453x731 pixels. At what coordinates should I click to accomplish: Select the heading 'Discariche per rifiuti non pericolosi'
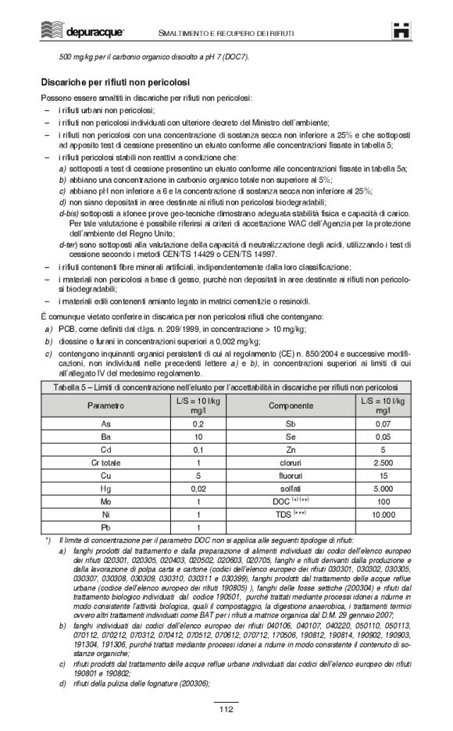pos(116,82)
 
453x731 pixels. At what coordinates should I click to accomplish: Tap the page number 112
pos(226,708)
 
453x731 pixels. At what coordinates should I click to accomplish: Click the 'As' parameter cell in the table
pos(105,423)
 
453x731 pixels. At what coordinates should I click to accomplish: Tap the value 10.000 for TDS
pos(383,515)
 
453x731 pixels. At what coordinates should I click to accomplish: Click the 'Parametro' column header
pos(105,405)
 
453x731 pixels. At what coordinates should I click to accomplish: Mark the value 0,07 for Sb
pos(383,423)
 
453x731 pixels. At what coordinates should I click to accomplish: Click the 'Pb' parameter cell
pos(105,528)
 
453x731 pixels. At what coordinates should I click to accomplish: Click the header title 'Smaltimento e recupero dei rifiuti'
pos(226,31)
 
